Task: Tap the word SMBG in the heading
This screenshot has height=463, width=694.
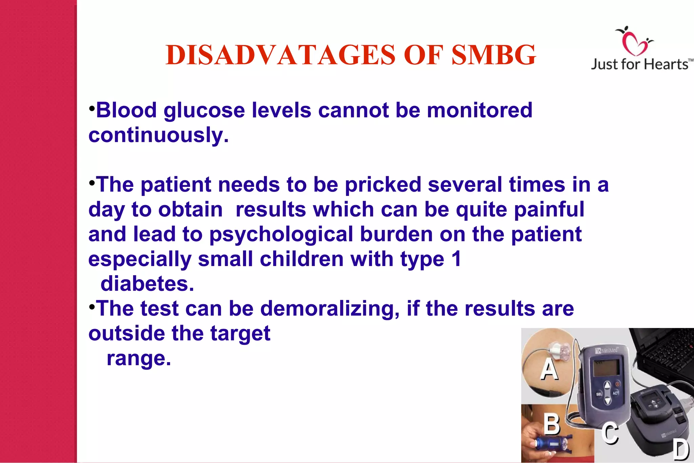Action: tap(494, 55)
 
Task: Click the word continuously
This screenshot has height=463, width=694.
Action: tap(159, 135)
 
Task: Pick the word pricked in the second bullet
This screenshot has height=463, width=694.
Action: tap(383, 185)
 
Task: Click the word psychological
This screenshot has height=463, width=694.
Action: tap(281, 234)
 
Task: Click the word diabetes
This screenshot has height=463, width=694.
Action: tap(147, 284)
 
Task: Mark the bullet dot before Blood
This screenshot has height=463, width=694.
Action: tap(91, 109)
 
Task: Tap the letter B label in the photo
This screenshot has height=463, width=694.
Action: tap(552, 424)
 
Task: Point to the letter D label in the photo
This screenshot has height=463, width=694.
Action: tap(681, 450)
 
